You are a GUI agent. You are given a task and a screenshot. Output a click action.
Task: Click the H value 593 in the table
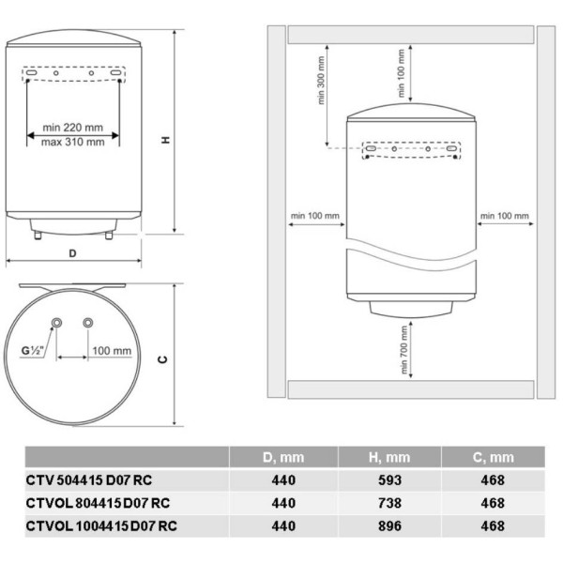(x=389, y=480)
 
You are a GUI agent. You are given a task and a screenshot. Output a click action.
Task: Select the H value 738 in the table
(x=389, y=503)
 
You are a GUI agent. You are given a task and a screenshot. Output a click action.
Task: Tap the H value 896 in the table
(x=389, y=526)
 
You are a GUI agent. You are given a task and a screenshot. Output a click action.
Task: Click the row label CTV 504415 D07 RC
(x=89, y=480)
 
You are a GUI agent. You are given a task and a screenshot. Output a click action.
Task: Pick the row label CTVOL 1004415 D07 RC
(x=101, y=526)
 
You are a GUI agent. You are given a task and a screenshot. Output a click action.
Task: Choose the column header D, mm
(x=283, y=458)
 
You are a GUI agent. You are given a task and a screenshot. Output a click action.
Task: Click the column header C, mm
(x=494, y=458)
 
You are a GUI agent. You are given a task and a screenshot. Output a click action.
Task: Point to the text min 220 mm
(x=73, y=128)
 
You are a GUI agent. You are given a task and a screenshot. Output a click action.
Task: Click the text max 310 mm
(x=73, y=143)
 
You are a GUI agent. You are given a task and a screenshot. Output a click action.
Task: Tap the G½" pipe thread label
(x=32, y=350)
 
